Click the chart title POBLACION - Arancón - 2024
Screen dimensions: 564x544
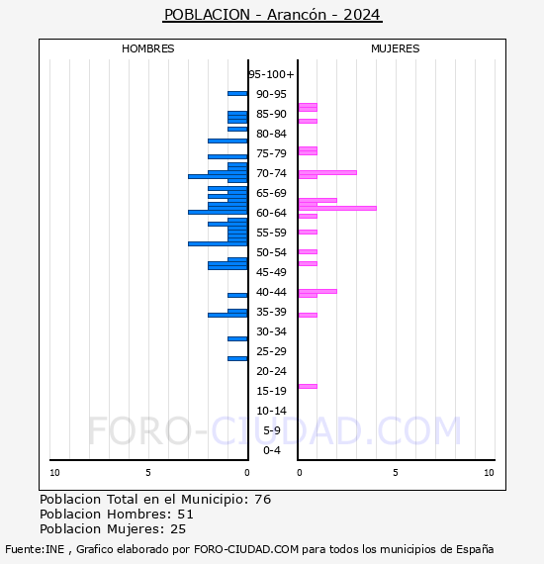click(272, 15)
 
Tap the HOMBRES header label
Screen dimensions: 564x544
click(147, 48)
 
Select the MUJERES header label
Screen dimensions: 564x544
click(395, 48)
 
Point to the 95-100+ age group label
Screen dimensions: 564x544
click(271, 74)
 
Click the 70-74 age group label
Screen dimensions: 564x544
click(271, 173)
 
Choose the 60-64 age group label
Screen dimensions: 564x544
click(271, 213)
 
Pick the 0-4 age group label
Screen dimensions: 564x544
click(271, 450)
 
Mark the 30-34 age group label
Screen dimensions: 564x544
click(271, 331)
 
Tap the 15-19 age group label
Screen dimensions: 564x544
click(271, 391)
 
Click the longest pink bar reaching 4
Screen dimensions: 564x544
click(336, 208)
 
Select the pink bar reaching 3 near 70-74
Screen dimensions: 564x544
click(326, 172)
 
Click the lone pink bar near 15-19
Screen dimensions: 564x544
click(308, 386)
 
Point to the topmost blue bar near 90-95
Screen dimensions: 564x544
click(237, 93)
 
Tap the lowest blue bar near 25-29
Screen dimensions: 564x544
click(237, 358)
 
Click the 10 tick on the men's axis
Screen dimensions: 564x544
click(54, 473)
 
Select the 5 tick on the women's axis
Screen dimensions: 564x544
click(395, 473)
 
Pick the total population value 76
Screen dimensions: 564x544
click(262, 500)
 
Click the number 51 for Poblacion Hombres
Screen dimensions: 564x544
click(185, 515)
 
